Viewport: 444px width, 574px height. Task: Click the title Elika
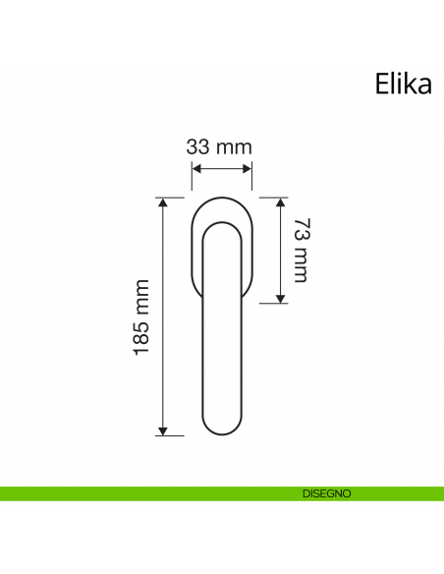pos(403,84)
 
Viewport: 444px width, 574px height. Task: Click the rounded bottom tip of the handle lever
pos(221,432)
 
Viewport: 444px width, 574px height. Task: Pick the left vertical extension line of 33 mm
pos(191,177)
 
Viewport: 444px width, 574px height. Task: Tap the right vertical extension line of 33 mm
pos(252,177)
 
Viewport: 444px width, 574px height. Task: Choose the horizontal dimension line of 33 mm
pos(221,169)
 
